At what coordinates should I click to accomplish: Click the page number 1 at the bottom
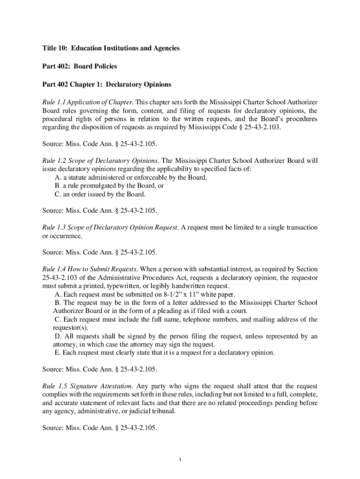tap(180, 461)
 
